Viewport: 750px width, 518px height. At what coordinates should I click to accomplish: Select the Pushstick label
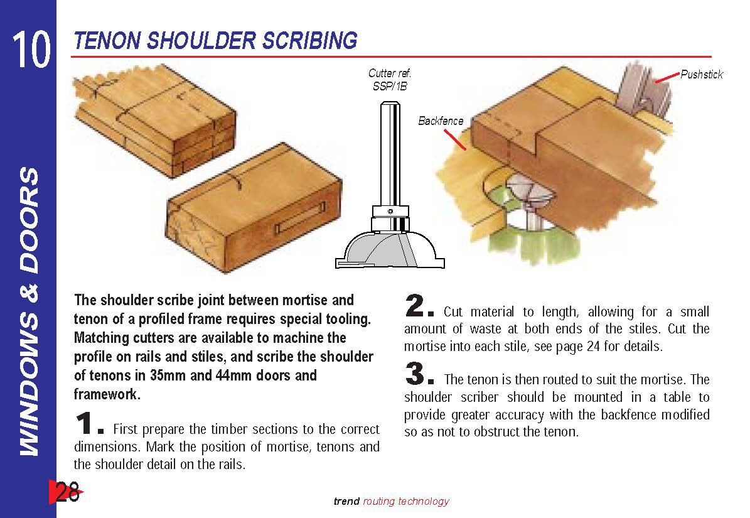(702, 75)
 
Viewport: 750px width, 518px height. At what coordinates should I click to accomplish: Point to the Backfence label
(441, 121)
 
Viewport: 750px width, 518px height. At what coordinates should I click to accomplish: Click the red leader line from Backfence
(456, 139)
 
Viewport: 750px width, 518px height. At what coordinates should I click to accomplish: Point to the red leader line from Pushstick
(667, 78)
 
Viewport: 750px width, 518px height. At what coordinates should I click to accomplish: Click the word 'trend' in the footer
(346, 501)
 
